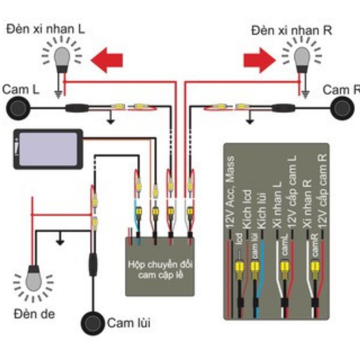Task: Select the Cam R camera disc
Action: pos(342,108)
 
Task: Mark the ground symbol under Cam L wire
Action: pos(109,121)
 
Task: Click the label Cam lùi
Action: pos(129,323)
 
